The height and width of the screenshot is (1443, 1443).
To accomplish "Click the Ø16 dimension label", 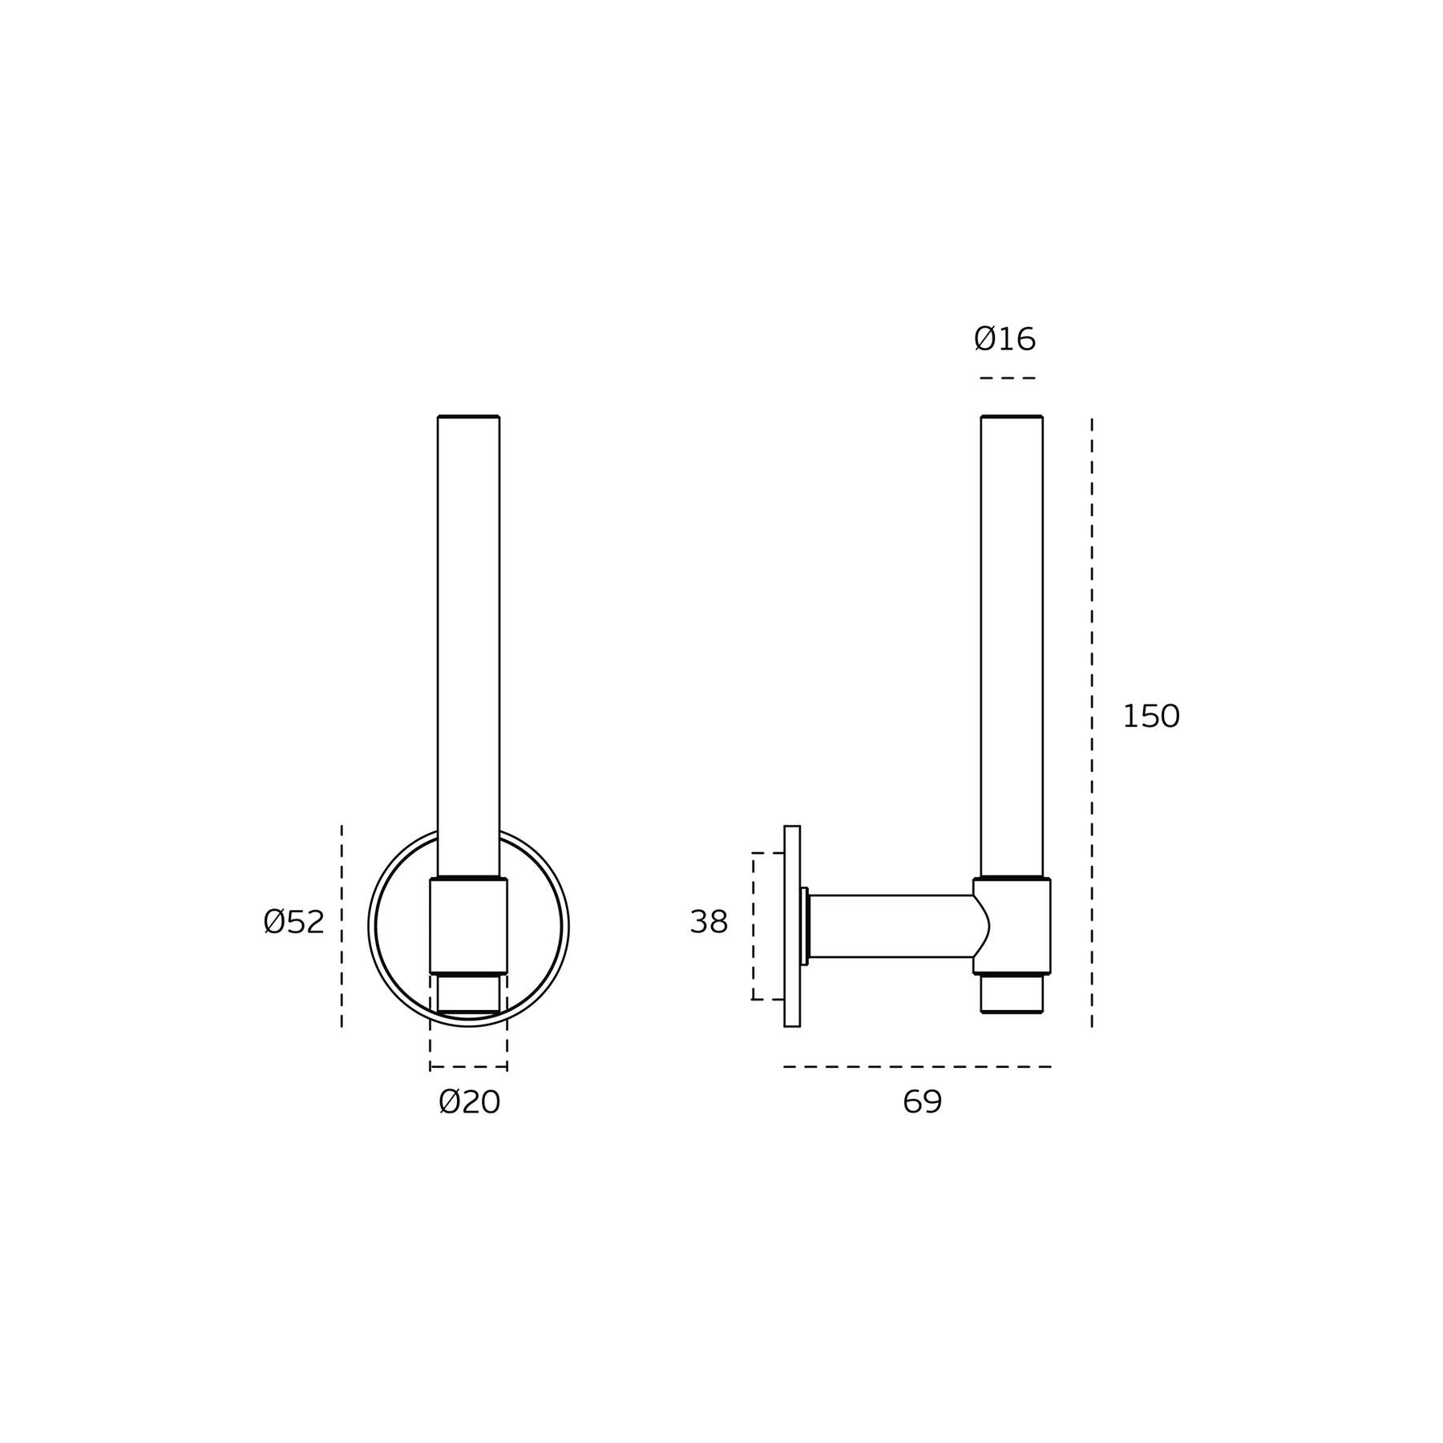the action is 1004,339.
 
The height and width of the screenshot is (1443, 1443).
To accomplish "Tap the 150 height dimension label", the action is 1150,716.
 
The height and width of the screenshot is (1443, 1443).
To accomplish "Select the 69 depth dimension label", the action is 922,1102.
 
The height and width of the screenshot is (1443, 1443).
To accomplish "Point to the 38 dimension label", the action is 709,922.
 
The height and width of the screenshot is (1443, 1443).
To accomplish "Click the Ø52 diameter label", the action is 293,922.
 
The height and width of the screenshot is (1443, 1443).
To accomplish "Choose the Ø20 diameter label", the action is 469,1102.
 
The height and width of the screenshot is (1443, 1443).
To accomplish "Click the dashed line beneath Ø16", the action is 1008,378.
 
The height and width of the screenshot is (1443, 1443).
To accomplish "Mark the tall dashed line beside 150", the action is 1091,721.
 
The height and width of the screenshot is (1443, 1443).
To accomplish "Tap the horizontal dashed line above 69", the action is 917,1066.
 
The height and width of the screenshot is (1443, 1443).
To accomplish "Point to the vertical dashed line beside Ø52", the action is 342,926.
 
